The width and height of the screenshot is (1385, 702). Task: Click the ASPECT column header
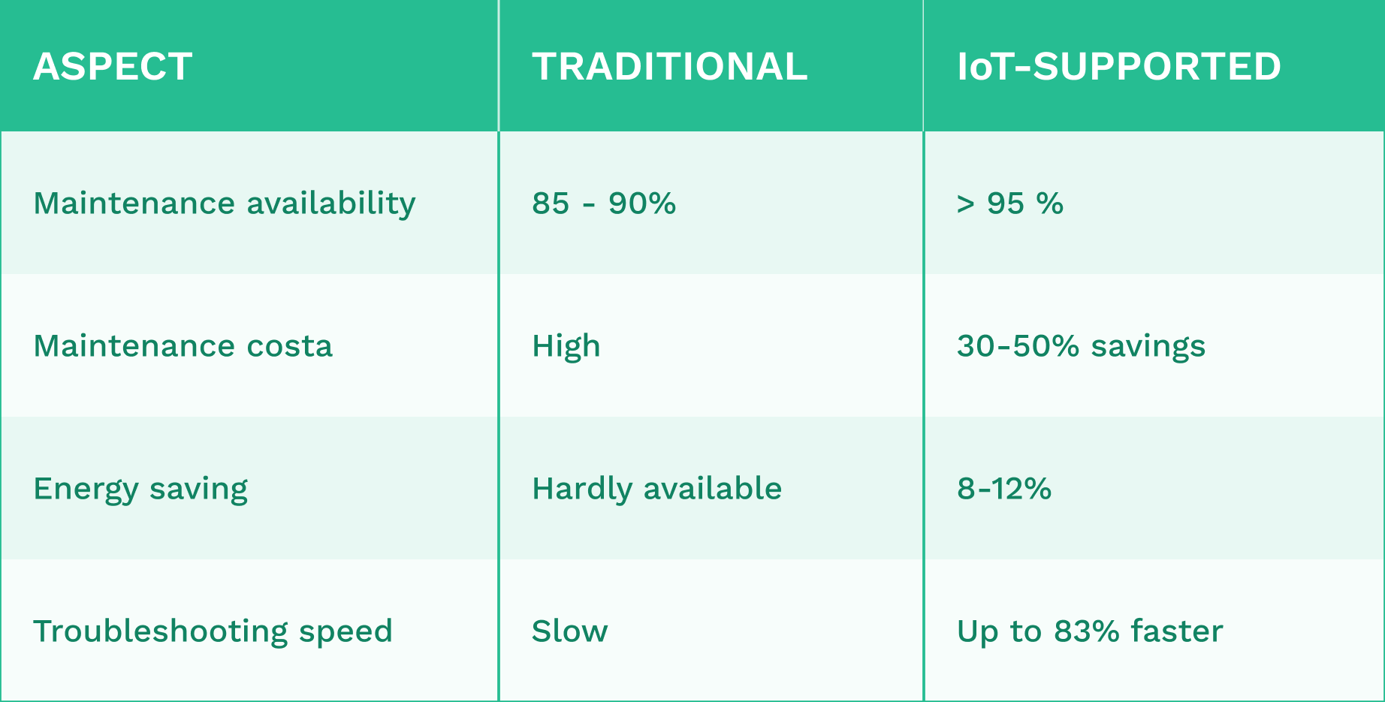click(113, 67)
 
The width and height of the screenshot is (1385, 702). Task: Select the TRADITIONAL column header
click(670, 67)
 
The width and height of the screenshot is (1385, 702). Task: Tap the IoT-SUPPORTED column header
click(1119, 67)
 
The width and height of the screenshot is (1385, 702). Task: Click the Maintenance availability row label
click(225, 204)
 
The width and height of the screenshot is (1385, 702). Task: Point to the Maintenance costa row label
click(183, 346)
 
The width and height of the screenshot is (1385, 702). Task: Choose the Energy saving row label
click(140, 490)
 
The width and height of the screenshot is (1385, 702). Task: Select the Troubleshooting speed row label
click(213, 632)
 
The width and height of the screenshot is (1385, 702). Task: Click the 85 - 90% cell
click(604, 203)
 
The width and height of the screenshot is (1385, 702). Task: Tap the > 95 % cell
click(1010, 203)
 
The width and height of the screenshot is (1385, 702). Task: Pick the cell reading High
click(566, 347)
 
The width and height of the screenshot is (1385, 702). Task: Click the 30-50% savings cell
click(1081, 347)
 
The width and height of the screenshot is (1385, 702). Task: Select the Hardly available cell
click(657, 489)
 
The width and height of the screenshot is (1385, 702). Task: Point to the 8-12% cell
click(1004, 489)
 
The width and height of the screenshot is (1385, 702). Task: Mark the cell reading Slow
click(570, 631)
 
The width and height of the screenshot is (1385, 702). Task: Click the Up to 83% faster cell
click(1090, 632)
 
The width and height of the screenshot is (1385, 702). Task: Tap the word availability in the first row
click(331, 204)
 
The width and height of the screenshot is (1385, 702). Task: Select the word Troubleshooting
click(161, 632)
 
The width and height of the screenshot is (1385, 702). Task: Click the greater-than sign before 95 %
click(966, 204)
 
